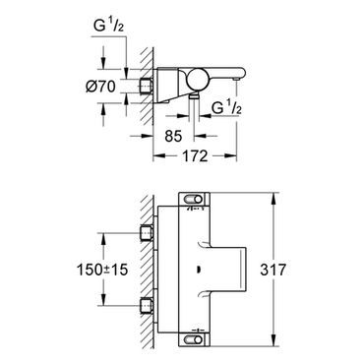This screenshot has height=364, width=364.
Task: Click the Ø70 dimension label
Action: pyautogui.click(x=100, y=87)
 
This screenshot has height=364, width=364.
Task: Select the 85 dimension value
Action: pyautogui.click(x=173, y=136)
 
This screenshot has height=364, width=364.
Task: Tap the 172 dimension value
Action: pyautogui.click(x=196, y=155)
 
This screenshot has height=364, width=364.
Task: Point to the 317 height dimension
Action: pyautogui.click(x=273, y=270)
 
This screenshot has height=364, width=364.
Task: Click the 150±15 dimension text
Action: pyautogui.click(x=102, y=270)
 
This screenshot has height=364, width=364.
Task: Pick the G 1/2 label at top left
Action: pyautogui.click(x=108, y=26)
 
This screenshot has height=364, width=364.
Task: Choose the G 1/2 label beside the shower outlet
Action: pyautogui.click(x=226, y=107)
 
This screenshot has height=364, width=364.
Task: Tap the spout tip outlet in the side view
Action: pyautogui.click(x=236, y=79)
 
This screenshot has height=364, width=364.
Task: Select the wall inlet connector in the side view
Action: pyautogui.click(x=147, y=87)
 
